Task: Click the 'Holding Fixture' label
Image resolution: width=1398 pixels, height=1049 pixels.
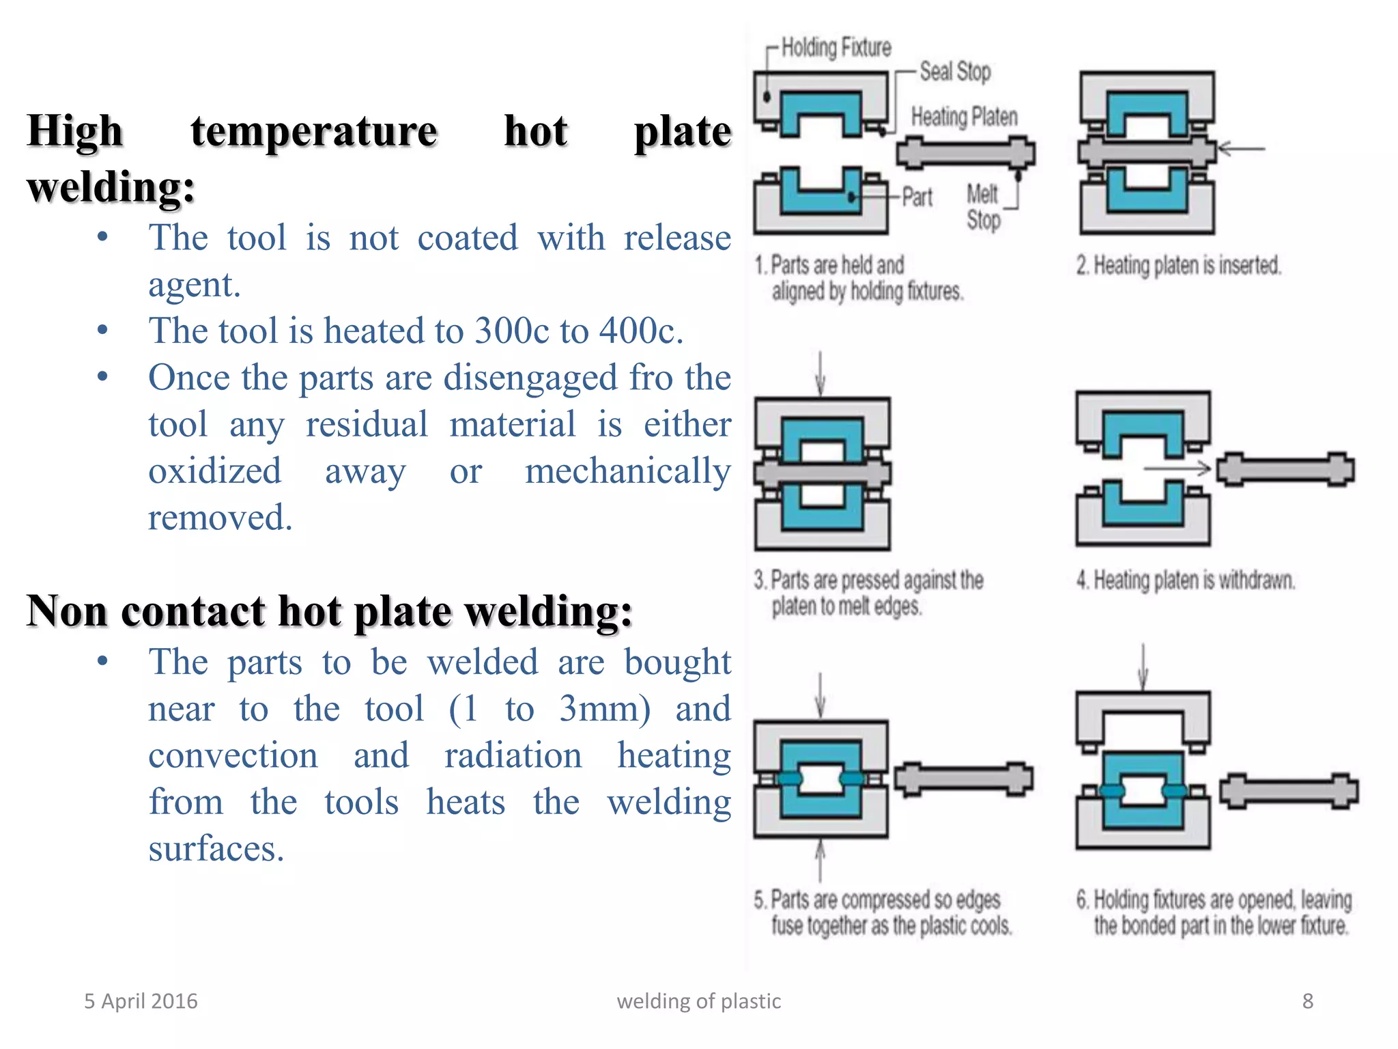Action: [x=836, y=47]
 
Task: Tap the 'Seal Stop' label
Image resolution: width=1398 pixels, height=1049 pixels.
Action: [x=954, y=71]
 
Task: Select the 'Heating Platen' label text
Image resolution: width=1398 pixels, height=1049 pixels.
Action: [x=964, y=117]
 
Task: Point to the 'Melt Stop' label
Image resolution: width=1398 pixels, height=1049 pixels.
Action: [x=983, y=207]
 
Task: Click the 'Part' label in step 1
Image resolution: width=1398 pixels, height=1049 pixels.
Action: [x=917, y=197]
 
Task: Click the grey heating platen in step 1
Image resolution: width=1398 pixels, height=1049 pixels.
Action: [x=965, y=152]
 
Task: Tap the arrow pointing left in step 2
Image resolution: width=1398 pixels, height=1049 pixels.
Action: [x=1241, y=148]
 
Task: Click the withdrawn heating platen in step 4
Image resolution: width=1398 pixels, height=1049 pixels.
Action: [x=1285, y=469]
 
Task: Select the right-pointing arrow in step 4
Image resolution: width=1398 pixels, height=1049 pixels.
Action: [x=1177, y=468]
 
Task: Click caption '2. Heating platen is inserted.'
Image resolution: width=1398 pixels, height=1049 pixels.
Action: [x=1178, y=265]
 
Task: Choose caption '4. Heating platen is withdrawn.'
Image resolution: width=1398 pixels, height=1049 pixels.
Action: [x=1185, y=581]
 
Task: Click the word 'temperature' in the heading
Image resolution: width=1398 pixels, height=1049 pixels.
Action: [x=314, y=131]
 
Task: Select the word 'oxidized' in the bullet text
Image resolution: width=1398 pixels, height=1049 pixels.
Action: [x=215, y=471]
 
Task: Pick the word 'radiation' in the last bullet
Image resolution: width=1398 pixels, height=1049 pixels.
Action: [x=513, y=756]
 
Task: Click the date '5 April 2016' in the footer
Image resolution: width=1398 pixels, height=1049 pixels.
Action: [x=141, y=1001]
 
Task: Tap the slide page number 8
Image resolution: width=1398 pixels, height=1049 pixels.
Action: [x=1307, y=1001]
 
